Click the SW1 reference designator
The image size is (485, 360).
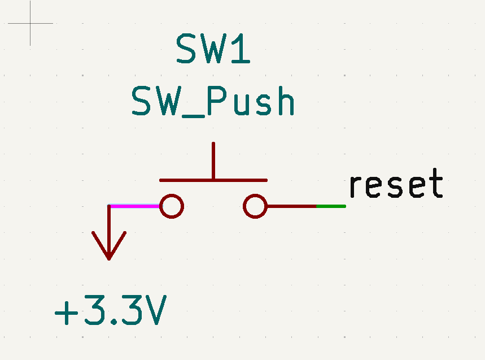pos(213,49)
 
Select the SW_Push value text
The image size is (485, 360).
pos(213,102)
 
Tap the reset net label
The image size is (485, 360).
pos(395,185)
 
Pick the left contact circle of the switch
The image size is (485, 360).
pos(171,206)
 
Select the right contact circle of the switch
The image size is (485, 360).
pos(255,206)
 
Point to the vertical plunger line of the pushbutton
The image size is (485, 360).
pos(213,161)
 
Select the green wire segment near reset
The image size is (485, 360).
pos(331,206)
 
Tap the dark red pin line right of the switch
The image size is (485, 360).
pos(291,206)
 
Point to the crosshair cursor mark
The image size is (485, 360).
pos(30,23)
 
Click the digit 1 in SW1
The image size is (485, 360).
pos(241,49)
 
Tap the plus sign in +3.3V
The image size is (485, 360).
pos(66,312)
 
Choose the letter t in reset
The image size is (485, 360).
pos(435,185)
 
